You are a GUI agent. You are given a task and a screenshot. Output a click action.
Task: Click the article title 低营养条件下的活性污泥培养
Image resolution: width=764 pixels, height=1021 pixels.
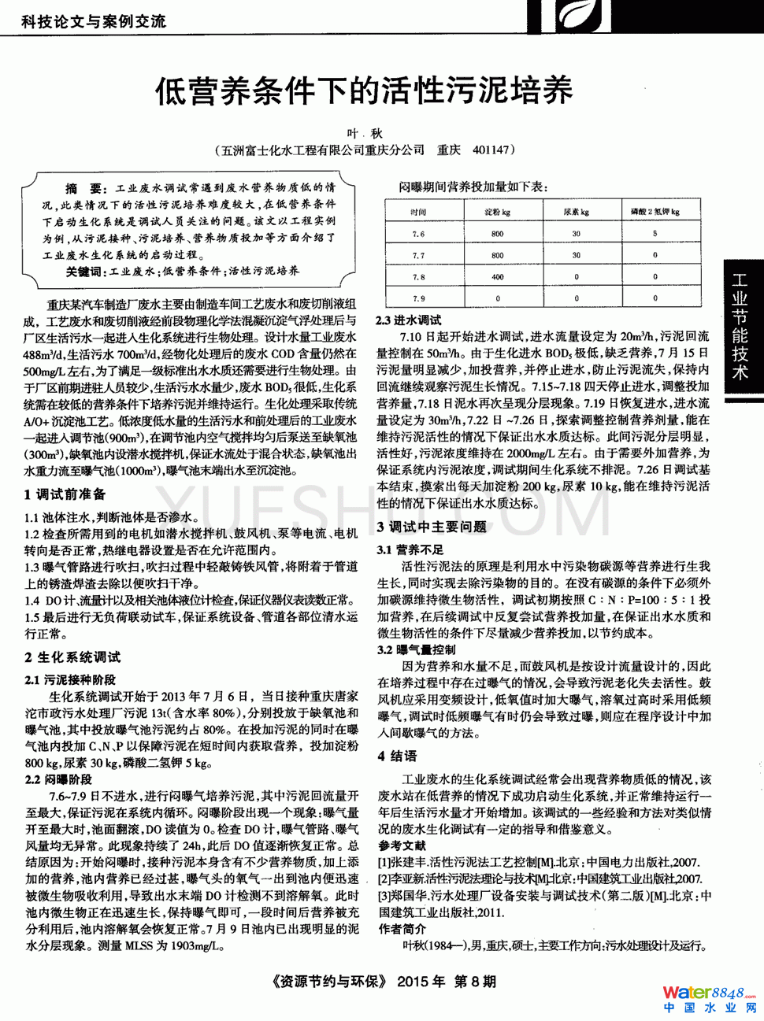coord(363,91)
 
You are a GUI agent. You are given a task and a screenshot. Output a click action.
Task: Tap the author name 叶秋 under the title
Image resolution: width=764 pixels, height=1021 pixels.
coord(365,134)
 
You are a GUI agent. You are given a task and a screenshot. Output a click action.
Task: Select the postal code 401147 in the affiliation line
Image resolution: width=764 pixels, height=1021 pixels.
coord(492,150)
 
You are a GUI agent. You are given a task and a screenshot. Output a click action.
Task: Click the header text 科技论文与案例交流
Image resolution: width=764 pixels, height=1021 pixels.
coord(94,21)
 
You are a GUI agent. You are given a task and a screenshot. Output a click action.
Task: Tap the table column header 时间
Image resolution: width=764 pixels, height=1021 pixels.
coord(418,212)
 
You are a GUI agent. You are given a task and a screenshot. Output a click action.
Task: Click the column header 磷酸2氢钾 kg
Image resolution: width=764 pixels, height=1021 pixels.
coord(655,212)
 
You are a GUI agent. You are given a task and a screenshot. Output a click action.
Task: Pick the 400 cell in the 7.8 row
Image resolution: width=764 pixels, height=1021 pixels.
coord(497,277)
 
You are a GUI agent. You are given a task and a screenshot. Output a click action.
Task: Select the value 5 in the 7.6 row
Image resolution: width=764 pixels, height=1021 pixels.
coord(655,234)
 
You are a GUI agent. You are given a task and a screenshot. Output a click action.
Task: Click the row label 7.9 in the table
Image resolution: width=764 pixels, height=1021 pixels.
coord(418,298)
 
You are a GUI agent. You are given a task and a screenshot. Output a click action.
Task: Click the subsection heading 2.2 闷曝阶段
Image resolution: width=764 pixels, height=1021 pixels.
coord(58,779)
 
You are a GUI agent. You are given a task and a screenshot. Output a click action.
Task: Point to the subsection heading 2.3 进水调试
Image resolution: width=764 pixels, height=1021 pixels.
coord(409,320)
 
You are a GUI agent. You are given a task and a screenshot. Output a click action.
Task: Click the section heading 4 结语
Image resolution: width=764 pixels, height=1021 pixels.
coord(397,756)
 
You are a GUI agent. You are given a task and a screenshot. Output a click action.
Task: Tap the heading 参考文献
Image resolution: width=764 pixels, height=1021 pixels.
coord(402,845)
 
